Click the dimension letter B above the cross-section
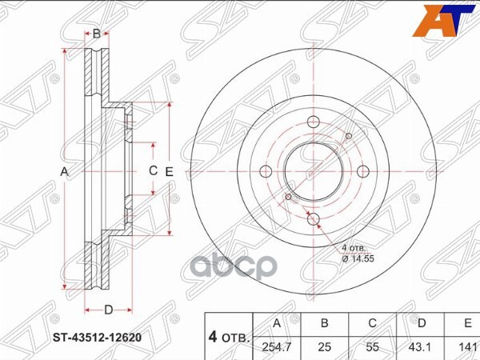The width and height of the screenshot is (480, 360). (x=96, y=34)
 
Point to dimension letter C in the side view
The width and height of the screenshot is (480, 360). (x=153, y=171)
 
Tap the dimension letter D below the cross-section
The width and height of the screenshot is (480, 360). (x=108, y=310)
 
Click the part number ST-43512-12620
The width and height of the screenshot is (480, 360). (x=102, y=337)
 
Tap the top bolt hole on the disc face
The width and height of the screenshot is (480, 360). (x=314, y=122)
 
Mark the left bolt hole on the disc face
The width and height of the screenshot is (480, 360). (x=265, y=171)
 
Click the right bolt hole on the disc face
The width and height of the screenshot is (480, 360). (x=362, y=171)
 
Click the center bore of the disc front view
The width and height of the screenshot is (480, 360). (x=314, y=171)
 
